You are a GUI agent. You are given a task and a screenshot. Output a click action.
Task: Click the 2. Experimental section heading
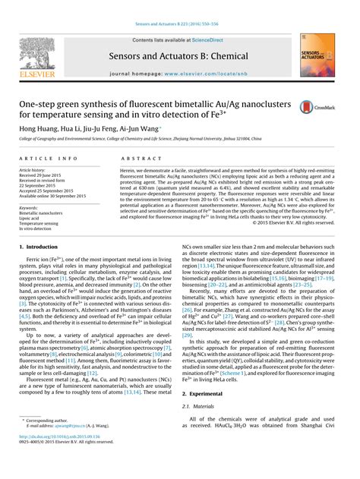[x=205, y=395]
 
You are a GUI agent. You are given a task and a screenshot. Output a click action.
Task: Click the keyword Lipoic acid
[x=33, y=218]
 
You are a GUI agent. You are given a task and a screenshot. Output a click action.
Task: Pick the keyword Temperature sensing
[x=40, y=224]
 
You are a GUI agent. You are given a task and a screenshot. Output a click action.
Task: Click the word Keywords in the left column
[x=30, y=206]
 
